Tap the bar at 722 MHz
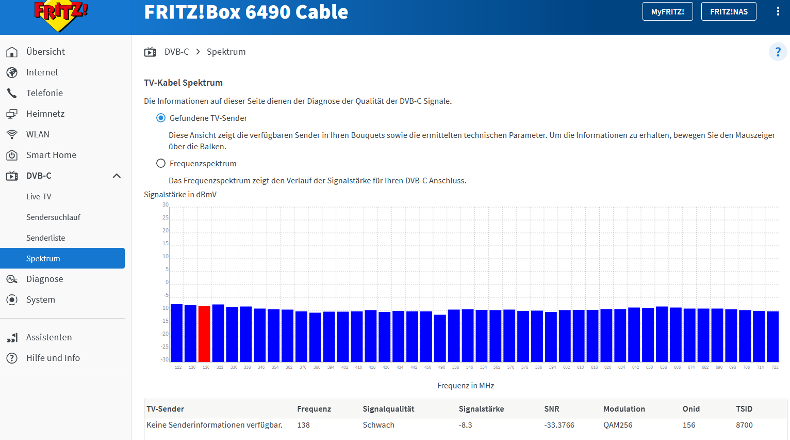pyautogui.click(x=772, y=336)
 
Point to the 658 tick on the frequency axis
pyautogui.click(x=663, y=367)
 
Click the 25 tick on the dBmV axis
pyautogui.click(x=166, y=218)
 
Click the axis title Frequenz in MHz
pyautogui.click(x=466, y=386)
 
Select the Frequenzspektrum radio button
pyautogui.click(x=161, y=164)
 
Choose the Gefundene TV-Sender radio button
pyautogui.click(x=161, y=118)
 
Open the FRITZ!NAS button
pyautogui.click(x=729, y=12)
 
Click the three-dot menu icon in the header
pyautogui.click(x=778, y=11)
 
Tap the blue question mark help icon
pyautogui.click(x=778, y=52)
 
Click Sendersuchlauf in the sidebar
pyautogui.click(x=53, y=217)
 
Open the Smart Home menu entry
pyautogui.click(x=51, y=155)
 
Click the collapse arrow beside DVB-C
pyautogui.click(x=117, y=176)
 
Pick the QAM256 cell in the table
pyautogui.click(x=618, y=425)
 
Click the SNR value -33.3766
pyautogui.click(x=559, y=425)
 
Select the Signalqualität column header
pyautogui.click(x=388, y=409)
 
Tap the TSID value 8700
pyautogui.click(x=744, y=425)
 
